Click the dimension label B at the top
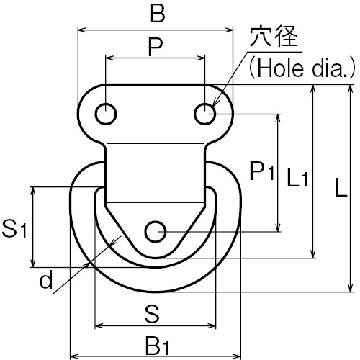(x=158, y=13)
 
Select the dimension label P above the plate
(x=156, y=46)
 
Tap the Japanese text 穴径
(x=274, y=37)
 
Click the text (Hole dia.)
(x=302, y=68)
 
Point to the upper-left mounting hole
(x=106, y=114)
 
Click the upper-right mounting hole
(x=204, y=114)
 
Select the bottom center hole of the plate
(x=156, y=232)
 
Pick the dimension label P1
(x=261, y=171)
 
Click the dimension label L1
(x=297, y=178)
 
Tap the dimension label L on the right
(x=341, y=187)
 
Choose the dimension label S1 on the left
(x=14, y=229)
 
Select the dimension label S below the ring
(x=152, y=314)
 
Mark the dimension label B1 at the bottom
(x=157, y=346)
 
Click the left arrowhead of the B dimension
(x=82, y=30)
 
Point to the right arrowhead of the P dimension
(x=201, y=58)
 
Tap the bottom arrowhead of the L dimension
(x=351, y=287)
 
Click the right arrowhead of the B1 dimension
(x=236, y=356)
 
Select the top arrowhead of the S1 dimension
(x=33, y=192)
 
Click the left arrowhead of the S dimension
(x=99, y=326)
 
